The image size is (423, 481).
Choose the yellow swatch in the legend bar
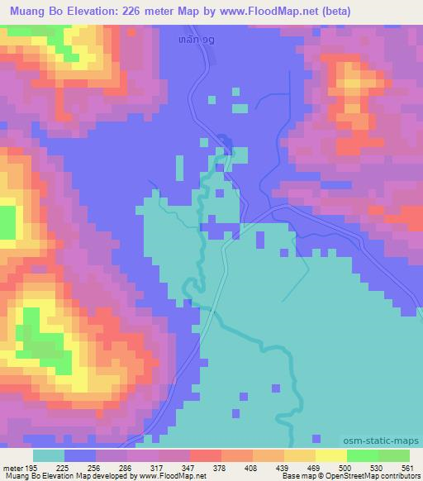pyautogui.click(x=330, y=455)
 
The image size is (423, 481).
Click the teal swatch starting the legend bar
pyautogui.click(x=49, y=455)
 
